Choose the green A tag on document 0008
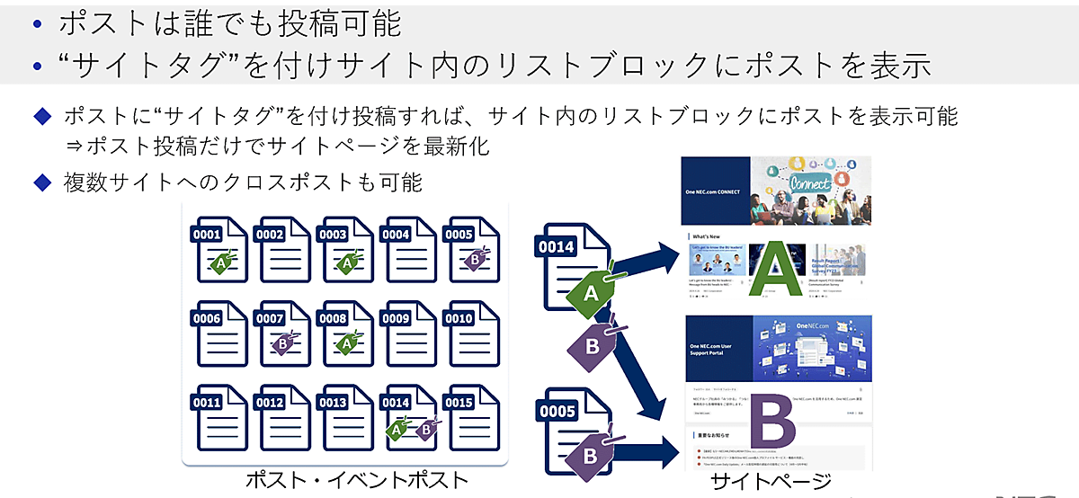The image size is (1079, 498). pos(347,343)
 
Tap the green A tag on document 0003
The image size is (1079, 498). pos(347,262)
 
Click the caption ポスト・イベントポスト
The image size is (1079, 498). pos(358,480)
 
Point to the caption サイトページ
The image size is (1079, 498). pos(771,483)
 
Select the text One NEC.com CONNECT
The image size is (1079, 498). pos(715,191)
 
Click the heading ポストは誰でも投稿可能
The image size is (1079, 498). pos(229,23)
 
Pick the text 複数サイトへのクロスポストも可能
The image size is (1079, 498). pos(242,182)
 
